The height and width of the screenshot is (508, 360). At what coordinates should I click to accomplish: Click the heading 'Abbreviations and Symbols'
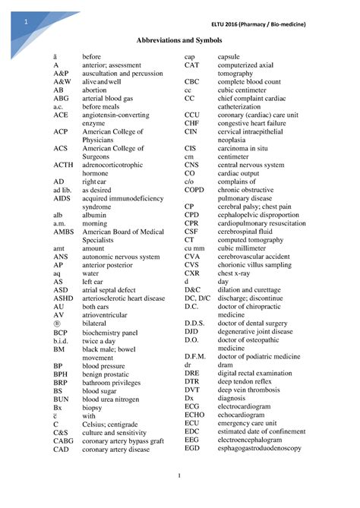(179, 39)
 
